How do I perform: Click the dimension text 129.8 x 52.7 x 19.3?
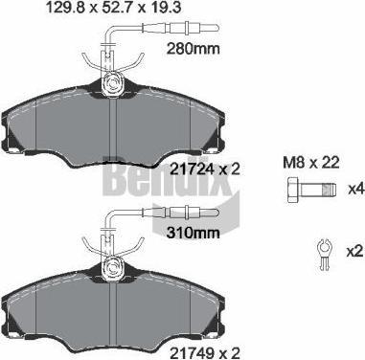114,7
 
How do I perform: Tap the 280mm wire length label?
194,49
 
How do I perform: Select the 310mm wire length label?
194,233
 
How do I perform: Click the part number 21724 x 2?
204,169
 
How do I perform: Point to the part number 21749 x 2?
204,353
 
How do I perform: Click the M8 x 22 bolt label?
311,163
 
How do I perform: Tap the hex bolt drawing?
310,190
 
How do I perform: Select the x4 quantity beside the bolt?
356,190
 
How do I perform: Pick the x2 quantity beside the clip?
355,252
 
